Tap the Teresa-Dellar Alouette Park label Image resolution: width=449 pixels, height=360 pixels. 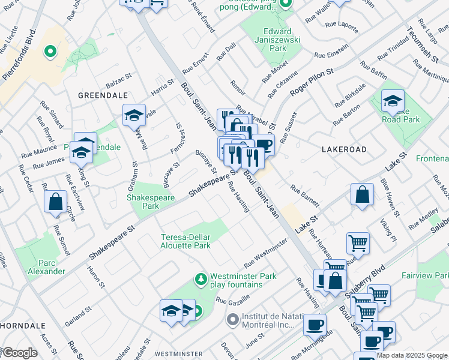(x=185, y=241)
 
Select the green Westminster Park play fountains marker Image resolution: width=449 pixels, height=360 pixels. (x=200, y=279)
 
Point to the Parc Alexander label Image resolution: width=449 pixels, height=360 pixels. (x=46, y=267)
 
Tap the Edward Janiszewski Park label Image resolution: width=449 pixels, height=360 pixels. (x=277, y=40)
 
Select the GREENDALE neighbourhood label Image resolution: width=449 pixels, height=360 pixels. (x=103, y=95)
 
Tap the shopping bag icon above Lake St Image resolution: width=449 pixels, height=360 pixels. (x=363, y=195)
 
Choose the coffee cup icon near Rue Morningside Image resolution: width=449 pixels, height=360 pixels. (x=315, y=325)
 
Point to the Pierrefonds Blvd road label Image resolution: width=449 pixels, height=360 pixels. (x=19, y=56)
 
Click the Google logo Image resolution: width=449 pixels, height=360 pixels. (x=20, y=353)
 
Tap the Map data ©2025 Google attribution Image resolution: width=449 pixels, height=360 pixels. (x=412, y=355)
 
